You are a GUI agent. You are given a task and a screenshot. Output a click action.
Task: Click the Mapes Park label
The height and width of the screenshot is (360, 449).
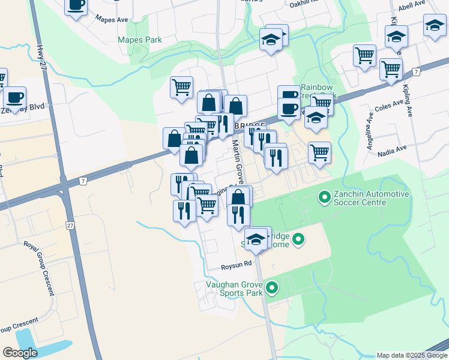pos(140,40)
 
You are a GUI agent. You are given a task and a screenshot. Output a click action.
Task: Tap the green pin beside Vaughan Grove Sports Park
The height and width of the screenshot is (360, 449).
pos(272,289)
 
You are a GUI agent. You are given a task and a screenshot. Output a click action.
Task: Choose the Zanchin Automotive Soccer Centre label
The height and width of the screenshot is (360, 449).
pos(373,198)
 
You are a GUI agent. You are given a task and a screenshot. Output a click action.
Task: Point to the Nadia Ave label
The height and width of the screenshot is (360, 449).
pos(393,151)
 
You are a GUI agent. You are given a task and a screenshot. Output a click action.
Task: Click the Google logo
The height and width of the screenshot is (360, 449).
pos(20,353)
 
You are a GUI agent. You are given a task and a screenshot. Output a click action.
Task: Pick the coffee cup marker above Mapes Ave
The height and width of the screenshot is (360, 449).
pos(76,6)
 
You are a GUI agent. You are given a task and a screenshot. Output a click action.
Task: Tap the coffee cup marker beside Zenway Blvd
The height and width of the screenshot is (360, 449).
pos(14,97)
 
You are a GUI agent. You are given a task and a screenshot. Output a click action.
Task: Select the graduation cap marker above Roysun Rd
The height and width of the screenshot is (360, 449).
pos(256,239)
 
